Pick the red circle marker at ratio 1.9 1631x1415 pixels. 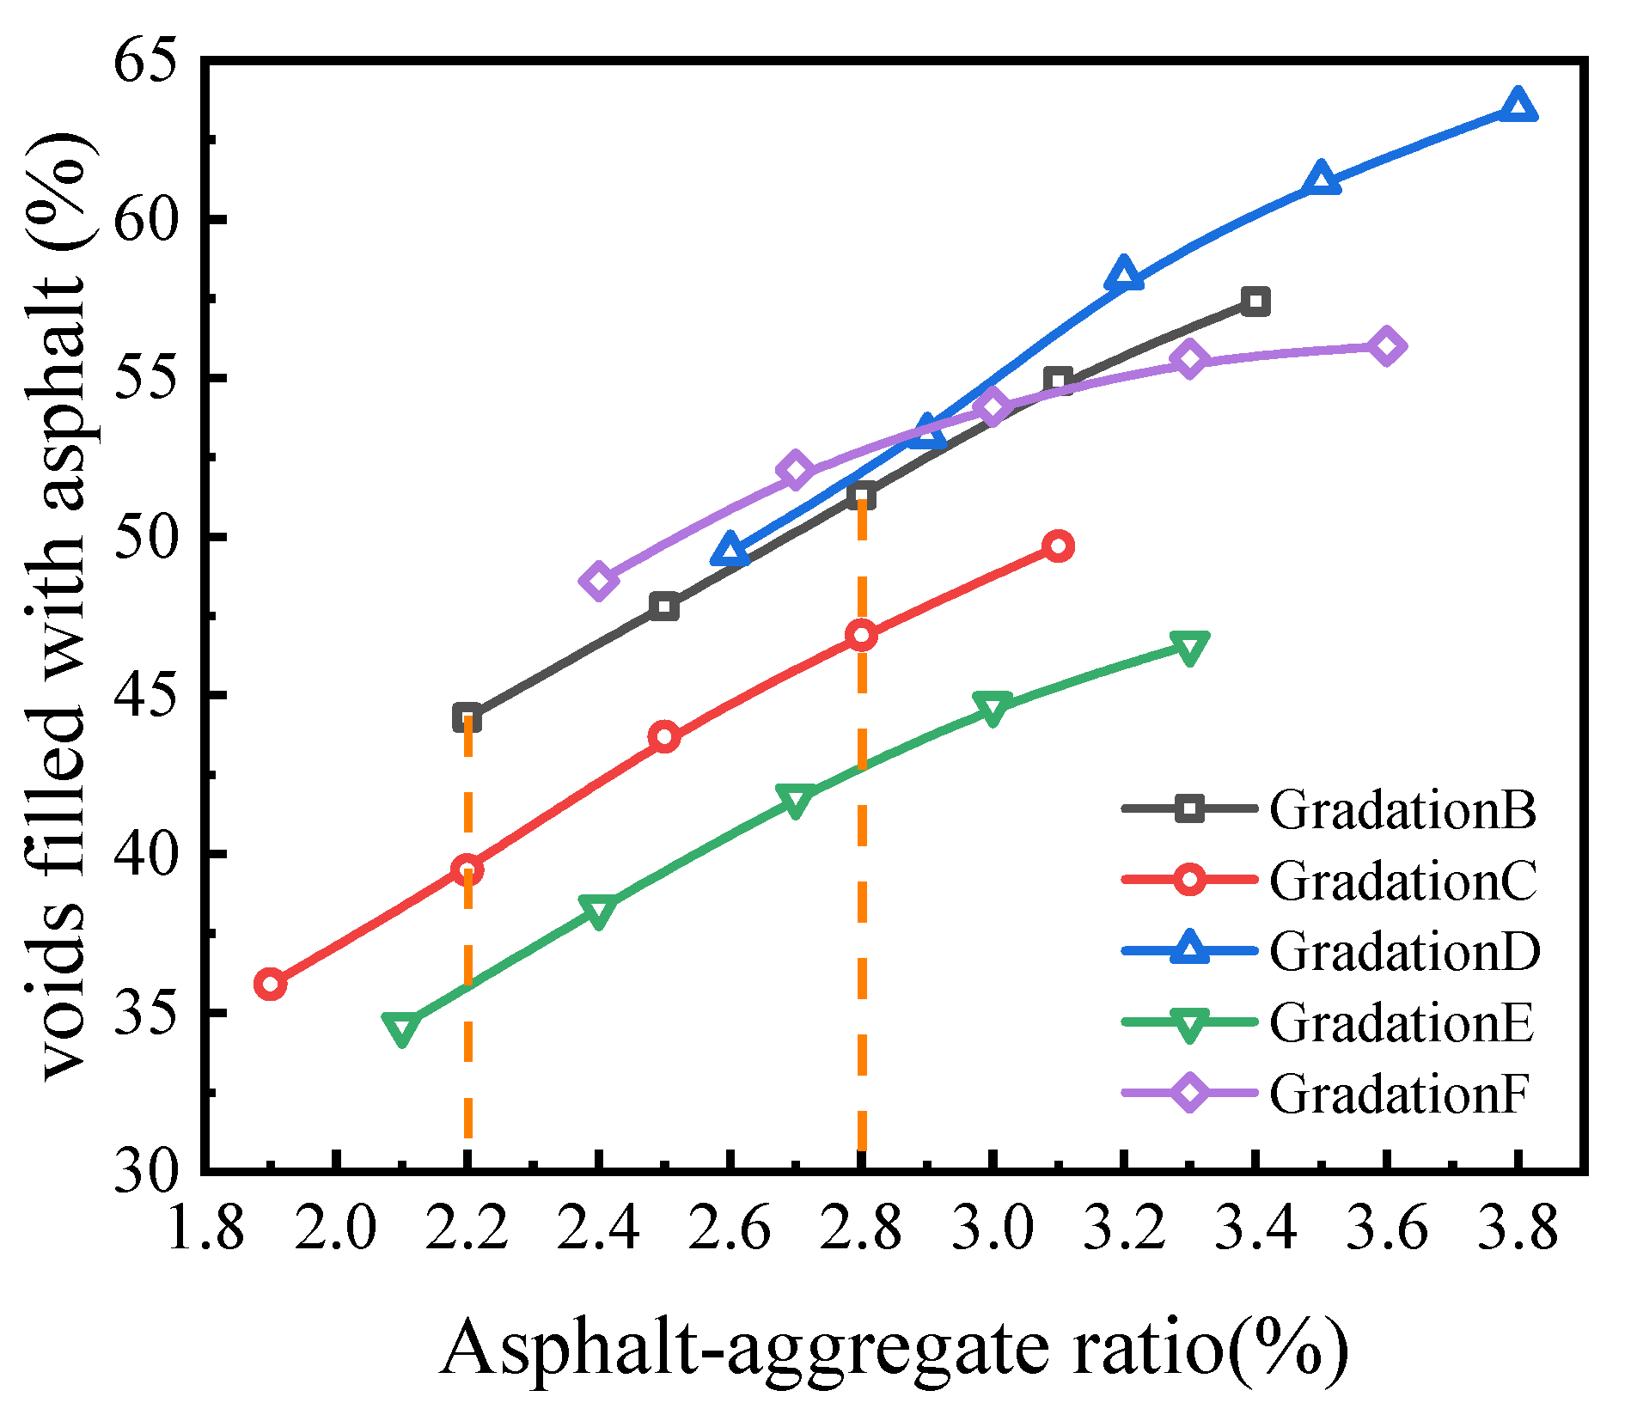pos(270,984)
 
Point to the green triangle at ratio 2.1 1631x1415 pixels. pos(401,1027)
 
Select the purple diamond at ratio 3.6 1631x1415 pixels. pos(1386,346)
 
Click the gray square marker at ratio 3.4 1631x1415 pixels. pos(1255,302)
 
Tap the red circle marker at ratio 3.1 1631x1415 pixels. pos(1059,546)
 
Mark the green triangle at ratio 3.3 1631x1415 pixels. pos(1189,647)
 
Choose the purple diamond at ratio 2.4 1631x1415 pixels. pos(598,581)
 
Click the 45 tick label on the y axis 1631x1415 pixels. pos(145,696)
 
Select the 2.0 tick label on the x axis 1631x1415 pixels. pos(335,1229)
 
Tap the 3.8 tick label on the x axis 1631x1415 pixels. pos(1518,1229)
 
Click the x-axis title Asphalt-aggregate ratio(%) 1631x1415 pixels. pos(894,1349)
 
